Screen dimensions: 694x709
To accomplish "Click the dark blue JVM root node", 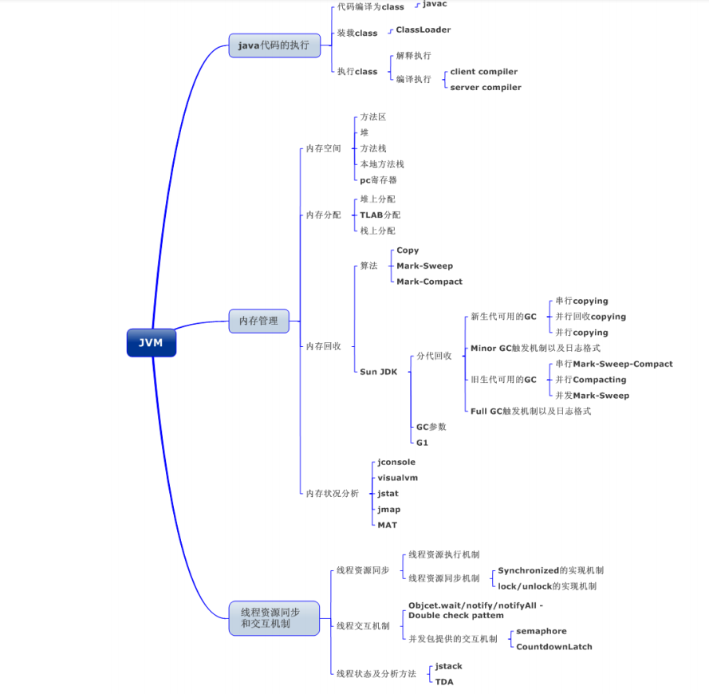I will pos(151,342).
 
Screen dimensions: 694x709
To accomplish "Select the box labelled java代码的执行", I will pos(273,45).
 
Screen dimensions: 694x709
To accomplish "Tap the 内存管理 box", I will pos(258,321).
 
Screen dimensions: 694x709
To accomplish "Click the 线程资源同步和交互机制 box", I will pos(274,617).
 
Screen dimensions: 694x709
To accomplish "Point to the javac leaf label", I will pos(435,4).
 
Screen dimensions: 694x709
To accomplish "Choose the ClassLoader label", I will pos(423,30).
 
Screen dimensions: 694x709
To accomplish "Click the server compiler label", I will pos(485,88).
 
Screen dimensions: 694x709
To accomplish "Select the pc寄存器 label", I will pos(378,180).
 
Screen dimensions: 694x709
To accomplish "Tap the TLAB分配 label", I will pos(380,215).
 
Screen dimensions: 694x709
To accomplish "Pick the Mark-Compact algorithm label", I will pos(429,282).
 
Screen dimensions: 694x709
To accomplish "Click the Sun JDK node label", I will pos(378,372).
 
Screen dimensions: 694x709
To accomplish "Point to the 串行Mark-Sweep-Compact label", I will pos(613,365).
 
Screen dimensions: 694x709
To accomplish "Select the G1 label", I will pos(422,443).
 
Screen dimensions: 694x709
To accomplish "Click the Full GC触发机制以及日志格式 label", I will pos(530,412).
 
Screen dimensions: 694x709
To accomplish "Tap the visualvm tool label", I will pos(397,478).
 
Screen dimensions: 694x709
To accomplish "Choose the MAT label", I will pos(387,525).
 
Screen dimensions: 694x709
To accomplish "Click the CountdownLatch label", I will pos(553,647).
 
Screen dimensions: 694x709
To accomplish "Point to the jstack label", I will pos(448,666).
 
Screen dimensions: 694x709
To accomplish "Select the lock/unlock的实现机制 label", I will pos(546,586).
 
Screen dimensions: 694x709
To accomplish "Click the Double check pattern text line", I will pos(455,616).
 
